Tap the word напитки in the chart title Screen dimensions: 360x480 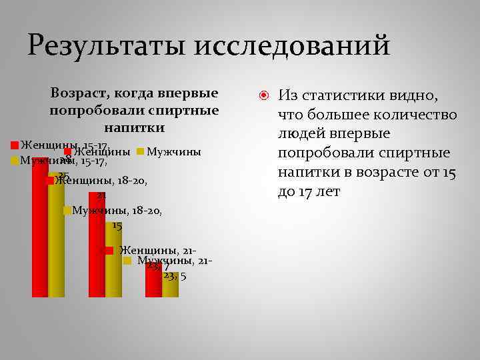click(134, 127)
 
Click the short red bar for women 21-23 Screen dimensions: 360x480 click(154, 280)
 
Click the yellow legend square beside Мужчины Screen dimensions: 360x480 click(140, 152)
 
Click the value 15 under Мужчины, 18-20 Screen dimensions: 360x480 click(117, 225)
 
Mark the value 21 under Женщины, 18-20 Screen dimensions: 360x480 click(101, 195)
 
